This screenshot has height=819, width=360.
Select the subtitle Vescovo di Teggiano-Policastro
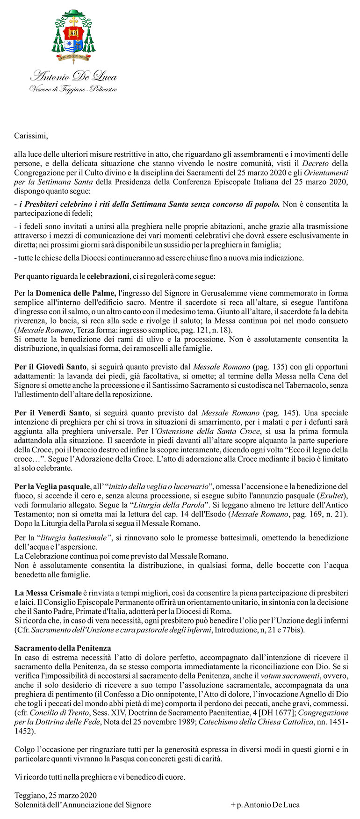[73, 89]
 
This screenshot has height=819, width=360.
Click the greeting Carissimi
[31, 137]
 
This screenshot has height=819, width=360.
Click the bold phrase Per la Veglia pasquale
[51, 486]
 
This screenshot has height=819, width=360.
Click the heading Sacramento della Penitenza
[63, 648]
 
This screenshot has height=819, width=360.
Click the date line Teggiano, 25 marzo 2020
[56, 795]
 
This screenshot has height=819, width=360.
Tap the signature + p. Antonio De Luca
[265, 805]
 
